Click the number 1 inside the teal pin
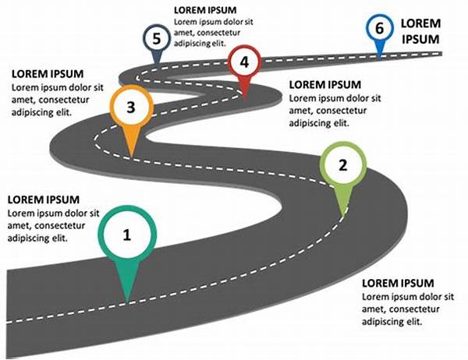[x=128, y=235]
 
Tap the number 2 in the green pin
[x=342, y=164]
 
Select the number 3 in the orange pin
[x=130, y=108]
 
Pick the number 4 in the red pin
[x=245, y=62]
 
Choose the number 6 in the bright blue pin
[x=379, y=29]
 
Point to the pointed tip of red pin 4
[x=245, y=98]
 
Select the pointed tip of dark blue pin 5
[x=157, y=64]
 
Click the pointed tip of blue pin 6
[x=379, y=57]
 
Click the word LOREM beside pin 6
[x=420, y=24]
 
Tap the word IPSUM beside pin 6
[x=420, y=39]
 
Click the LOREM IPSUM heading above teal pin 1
[x=44, y=199]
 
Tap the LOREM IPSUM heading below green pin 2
[x=399, y=283]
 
